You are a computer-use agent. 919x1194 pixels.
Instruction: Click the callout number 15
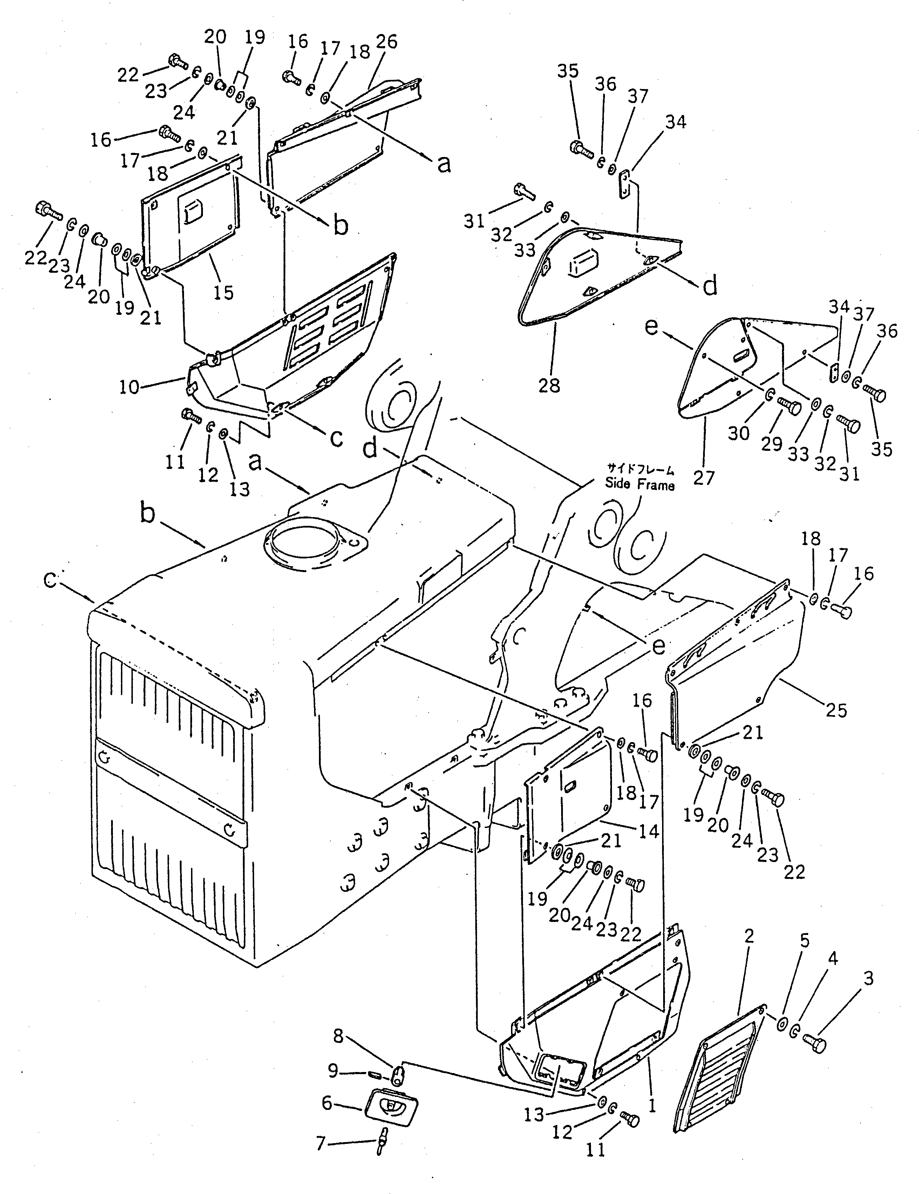coord(223,292)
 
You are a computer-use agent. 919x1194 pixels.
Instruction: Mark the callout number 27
coord(703,477)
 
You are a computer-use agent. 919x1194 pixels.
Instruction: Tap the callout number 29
coord(772,443)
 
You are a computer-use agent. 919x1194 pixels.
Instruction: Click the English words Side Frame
coord(640,484)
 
